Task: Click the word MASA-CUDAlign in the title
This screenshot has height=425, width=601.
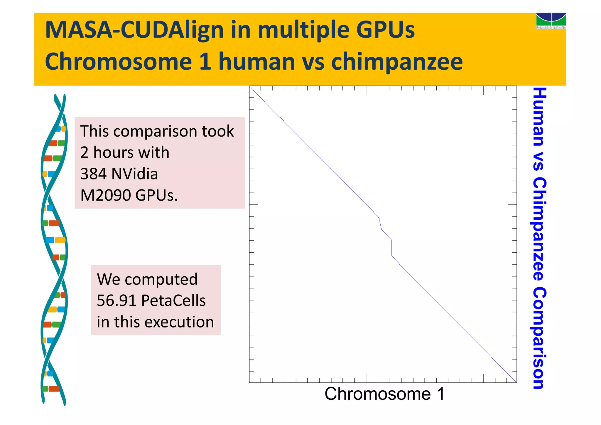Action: click(x=134, y=30)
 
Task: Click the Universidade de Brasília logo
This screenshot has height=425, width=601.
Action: click(x=551, y=21)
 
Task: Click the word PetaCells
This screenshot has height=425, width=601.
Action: click(x=173, y=300)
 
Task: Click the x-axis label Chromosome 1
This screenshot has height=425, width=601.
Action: click(x=384, y=394)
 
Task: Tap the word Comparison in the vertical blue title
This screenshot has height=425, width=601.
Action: click(x=539, y=338)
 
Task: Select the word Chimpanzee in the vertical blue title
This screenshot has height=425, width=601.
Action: click(x=539, y=229)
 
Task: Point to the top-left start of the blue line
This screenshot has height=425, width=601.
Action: click(x=251, y=88)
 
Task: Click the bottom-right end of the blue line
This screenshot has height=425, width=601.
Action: click(x=516, y=382)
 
